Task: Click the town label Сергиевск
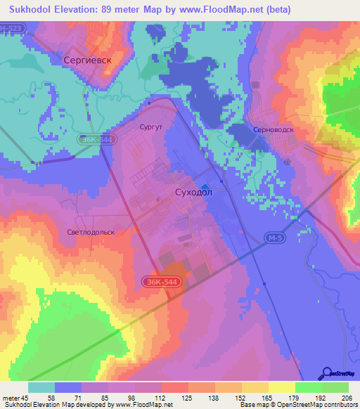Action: click(x=88, y=61)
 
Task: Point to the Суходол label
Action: click(x=193, y=192)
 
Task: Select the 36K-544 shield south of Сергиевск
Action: click(x=94, y=140)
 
